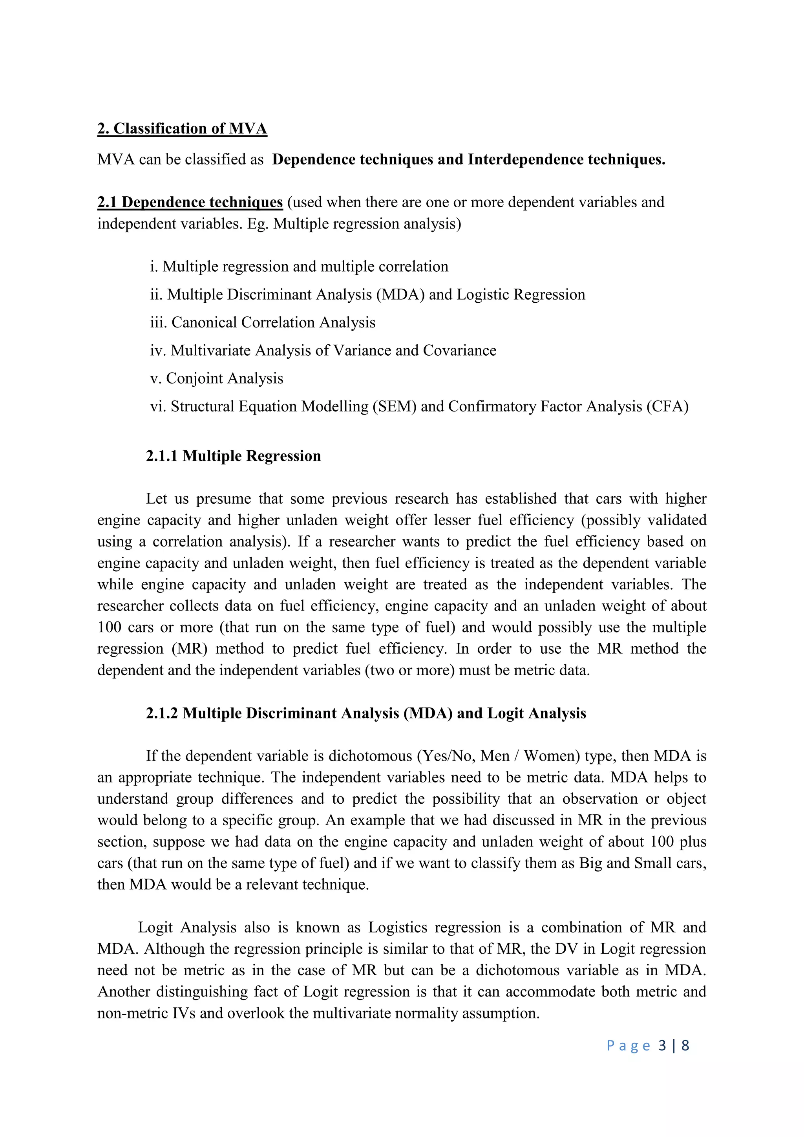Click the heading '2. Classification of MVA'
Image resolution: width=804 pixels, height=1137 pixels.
[x=182, y=129]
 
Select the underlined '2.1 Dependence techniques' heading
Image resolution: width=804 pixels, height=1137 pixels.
[x=190, y=202]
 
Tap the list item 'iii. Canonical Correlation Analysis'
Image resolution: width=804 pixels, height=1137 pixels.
[x=262, y=322]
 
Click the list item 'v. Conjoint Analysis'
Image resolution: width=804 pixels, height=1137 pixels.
[x=216, y=378]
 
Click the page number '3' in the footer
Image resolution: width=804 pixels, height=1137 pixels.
[x=662, y=1046]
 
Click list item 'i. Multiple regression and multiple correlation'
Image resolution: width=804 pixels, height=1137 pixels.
[x=299, y=267]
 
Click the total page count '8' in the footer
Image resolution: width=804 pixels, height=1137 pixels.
[x=685, y=1046]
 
